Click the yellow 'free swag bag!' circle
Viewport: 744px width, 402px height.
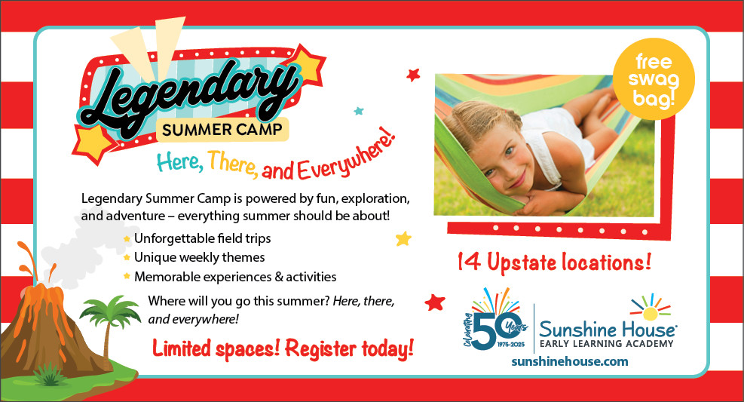coord(654,78)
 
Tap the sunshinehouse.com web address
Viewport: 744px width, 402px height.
coord(569,362)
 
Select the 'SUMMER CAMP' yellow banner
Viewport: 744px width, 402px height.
coord(222,130)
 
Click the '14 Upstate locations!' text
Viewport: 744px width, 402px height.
coord(554,262)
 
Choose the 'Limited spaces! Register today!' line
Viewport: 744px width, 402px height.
coord(283,349)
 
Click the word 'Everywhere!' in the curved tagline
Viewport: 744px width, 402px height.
coord(347,157)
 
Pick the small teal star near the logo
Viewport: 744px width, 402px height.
coord(359,111)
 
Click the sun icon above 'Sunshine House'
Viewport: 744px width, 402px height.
coord(651,309)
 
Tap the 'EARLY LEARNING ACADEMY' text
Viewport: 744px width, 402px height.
coord(606,343)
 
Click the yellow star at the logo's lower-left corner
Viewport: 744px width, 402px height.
coord(93,143)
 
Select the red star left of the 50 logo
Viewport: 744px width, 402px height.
coord(435,302)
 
